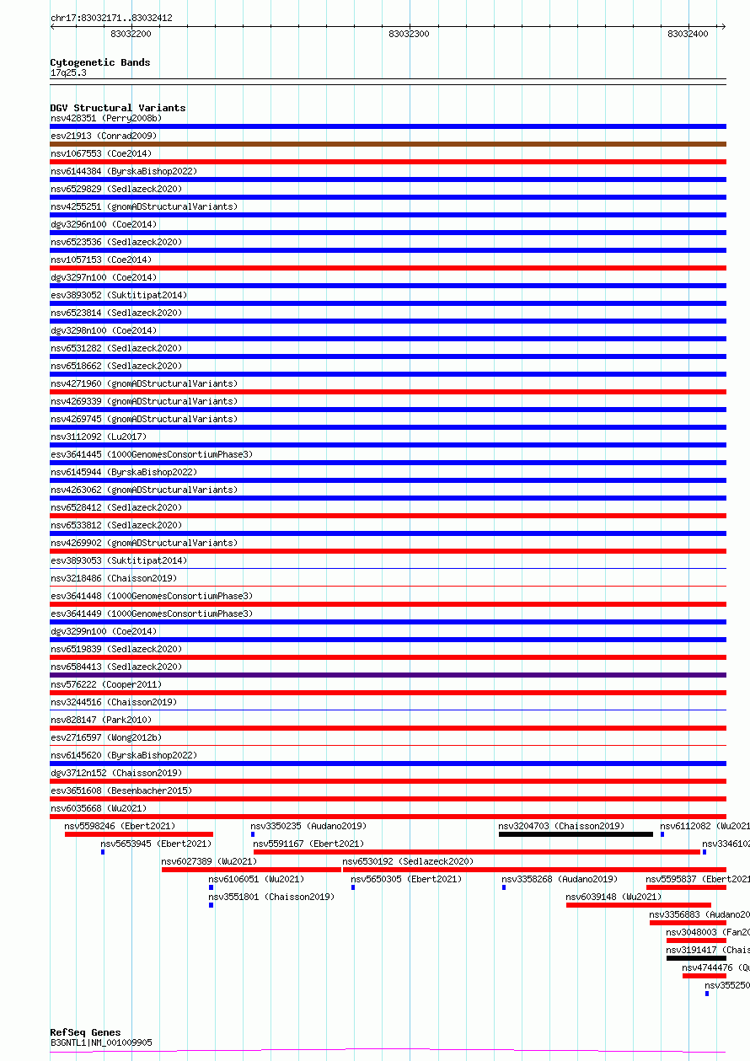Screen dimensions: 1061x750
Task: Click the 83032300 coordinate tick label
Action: point(409,34)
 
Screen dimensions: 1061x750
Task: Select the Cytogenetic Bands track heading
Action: point(99,62)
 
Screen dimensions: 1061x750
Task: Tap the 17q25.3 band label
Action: point(68,72)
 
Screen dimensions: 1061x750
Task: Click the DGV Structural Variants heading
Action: point(117,108)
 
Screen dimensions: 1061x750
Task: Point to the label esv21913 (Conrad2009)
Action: point(104,136)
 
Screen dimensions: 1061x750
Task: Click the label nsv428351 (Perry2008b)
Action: point(105,118)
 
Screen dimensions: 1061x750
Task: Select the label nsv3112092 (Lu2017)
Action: point(98,437)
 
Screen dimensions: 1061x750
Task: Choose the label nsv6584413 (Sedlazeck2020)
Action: point(115,667)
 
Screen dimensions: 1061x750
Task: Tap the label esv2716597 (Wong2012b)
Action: point(105,737)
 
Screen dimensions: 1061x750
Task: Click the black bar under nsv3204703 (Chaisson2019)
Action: point(576,834)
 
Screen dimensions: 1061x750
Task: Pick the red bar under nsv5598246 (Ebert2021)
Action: point(139,834)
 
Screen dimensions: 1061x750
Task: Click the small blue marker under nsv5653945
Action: point(103,852)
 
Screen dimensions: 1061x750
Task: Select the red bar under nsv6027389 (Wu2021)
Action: point(251,870)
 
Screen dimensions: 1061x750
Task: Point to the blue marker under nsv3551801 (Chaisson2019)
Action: point(211,905)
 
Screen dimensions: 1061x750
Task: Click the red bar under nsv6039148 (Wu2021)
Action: point(638,905)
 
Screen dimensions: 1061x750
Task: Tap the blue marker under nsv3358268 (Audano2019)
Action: point(504,887)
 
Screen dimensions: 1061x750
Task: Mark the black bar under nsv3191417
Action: point(696,958)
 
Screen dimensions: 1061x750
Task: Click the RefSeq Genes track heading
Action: point(85,1032)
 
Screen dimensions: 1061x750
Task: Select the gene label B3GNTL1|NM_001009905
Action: point(101,1042)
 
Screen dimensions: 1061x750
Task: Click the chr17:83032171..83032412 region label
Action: point(111,18)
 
